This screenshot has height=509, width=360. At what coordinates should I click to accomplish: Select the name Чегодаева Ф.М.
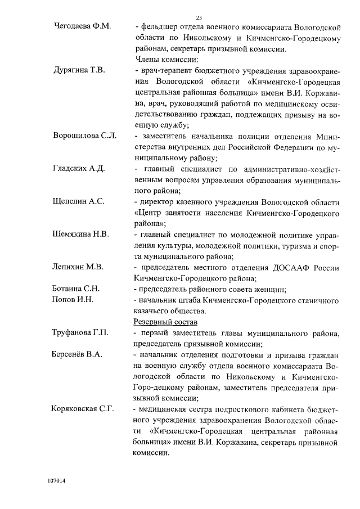pos(82,27)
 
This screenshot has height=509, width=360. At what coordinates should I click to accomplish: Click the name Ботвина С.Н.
pos(76,289)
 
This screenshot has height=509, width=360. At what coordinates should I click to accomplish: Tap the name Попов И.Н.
pos(72,299)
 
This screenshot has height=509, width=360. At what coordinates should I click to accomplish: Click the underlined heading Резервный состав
pos(166,322)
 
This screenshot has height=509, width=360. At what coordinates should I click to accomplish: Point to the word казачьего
pos(152,310)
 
